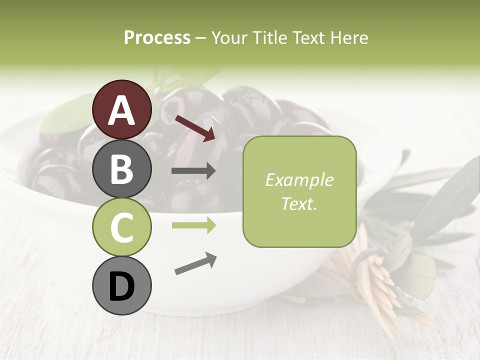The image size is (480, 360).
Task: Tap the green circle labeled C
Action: tap(121, 227)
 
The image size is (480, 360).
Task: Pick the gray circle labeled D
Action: tap(121, 286)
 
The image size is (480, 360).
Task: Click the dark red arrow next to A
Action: tap(194, 127)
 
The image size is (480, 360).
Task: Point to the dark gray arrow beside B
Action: tap(193, 171)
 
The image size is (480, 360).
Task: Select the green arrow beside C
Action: tap(193, 225)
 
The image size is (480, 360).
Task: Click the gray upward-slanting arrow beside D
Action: tap(195, 263)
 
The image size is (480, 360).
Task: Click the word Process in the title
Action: tap(157, 37)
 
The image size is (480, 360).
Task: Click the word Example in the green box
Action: tap(299, 180)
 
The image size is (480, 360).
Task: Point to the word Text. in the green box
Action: tap(299, 204)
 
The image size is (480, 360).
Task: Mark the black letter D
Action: tap(121, 286)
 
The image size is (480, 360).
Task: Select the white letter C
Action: tap(121, 227)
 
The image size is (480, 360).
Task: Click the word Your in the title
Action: tap(227, 37)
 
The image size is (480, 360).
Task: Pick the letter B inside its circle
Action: tap(121, 168)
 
